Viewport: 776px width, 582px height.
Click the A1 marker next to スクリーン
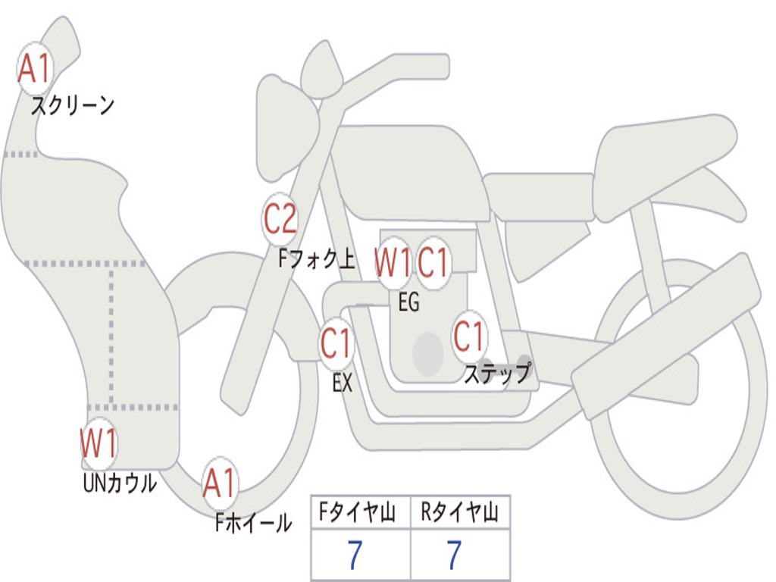[x=35, y=68]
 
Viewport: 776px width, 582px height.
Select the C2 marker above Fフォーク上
[x=280, y=219]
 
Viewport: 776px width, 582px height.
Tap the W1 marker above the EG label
[x=393, y=262]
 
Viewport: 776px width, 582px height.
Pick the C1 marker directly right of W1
[x=433, y=262]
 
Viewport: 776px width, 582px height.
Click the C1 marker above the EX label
[x=336, y=343]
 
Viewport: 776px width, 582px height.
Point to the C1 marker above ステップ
[x=468, y=336]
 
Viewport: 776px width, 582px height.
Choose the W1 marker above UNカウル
[x=99, y=443]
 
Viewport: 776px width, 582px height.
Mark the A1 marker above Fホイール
[x=219, y=483]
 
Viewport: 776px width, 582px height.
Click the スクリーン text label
[x=73, y=105]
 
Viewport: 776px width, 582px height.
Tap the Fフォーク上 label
[x=317, y=258]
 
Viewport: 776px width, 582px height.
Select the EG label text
[x=408, y=302]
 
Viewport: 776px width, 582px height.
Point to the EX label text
[x=343, y=383]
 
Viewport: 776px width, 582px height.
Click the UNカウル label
[x=120, y=483]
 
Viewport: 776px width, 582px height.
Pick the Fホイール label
[x=253, y=523]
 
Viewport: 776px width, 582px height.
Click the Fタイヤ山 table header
[x=357, y=512]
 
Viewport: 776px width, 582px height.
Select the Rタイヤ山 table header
[x=459, y=512]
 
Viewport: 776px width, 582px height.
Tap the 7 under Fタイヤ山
[x=355, y=555]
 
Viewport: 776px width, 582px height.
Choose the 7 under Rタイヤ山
[x=455, y=555]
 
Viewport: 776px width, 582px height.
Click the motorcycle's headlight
[x=286, y=127]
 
